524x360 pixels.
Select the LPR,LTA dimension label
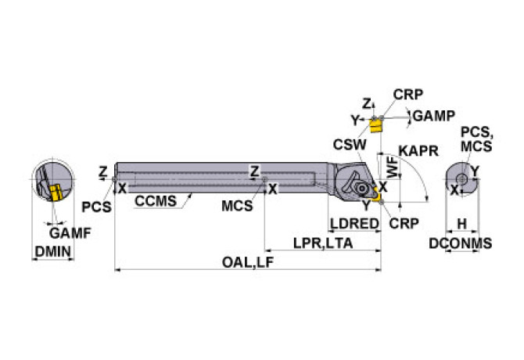pyautogui.click(x=323, y=243)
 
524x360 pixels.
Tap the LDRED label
pyautogui.click(x=354, y=224)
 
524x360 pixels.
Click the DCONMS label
pyautogui.click(x=461, y=243)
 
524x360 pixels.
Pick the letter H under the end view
pyautogui.click(x=461, y=225)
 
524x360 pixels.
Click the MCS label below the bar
pyautogui.click(x=237, y=207)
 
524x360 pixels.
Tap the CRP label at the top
pyautogui.click(x=407, y=95)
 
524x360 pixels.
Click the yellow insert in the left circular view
pyautogui.click(x=56, y=193)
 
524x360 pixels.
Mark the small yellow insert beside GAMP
pyautogui.click(x=379, y=124)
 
